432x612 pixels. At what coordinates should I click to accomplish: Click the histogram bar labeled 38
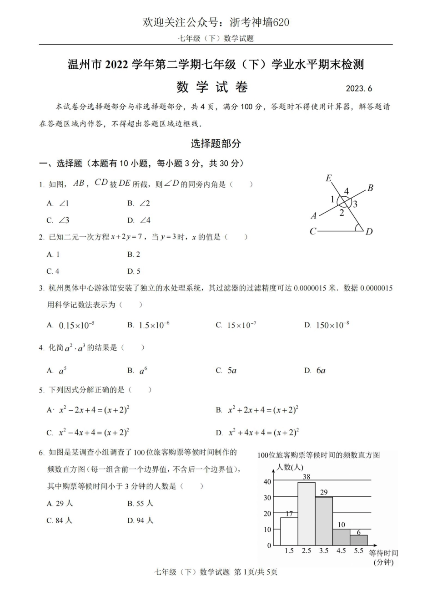(x=306, y=514)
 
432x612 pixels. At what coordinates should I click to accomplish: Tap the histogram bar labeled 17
(x=289, y=531)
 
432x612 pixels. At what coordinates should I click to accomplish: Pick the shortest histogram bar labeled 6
(x=359, y=540)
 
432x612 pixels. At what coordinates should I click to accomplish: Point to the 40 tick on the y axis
(x=267, y=482)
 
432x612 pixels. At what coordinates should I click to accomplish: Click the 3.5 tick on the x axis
(x=324, y=551)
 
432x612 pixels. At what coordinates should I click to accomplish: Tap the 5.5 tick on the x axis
(x=359, y=551)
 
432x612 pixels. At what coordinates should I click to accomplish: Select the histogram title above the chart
(x=318, y=454)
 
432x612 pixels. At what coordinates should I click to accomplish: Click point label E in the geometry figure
(x=328, y=178)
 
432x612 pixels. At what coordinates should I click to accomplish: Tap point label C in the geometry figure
(x=313, y=231)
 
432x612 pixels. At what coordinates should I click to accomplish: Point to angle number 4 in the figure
(x=346, y=191)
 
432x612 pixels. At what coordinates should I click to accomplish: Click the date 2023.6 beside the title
(x=359, y=88)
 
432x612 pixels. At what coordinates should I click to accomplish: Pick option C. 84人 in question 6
(x=60, y=520)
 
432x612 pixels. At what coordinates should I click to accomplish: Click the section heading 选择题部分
(x=216, y=144)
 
